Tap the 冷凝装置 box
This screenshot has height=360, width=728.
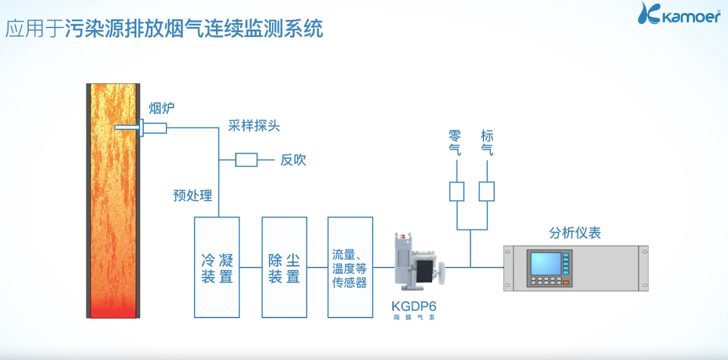pos(217,267)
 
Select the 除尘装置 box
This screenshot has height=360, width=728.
pos(285,267)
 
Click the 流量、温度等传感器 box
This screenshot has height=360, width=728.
pos(350,267)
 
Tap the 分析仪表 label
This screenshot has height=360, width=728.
pos(575,233)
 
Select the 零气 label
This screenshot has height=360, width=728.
pos(455,142)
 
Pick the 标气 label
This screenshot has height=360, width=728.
pos(487,142)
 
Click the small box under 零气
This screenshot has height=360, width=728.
pos(457,191)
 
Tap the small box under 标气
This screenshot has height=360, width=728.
pos(487,191)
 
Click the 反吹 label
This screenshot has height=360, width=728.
pos(293,160)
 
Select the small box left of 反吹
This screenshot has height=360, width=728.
pos(246,160)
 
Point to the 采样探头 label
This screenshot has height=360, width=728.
pos(254,126)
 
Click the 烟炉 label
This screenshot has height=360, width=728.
pos(161,109)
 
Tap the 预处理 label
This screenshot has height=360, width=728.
pos(193,196)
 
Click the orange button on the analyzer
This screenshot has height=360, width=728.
pos(566,282)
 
